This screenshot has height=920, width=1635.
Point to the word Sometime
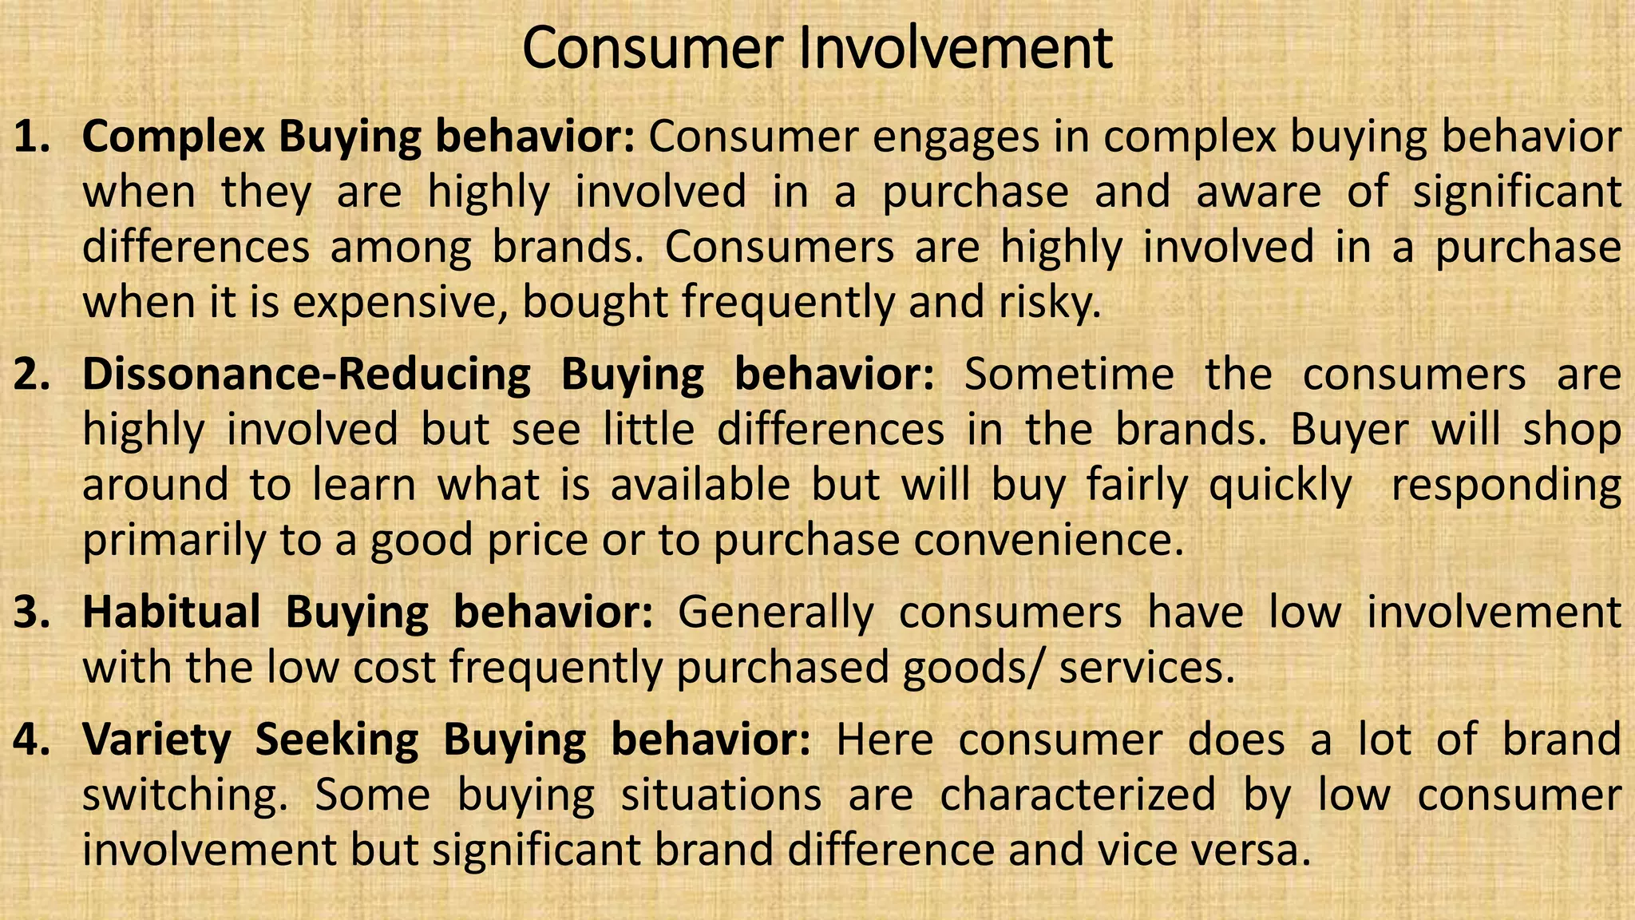pyautogui.click(x=1069, y=375)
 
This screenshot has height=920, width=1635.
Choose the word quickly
pyautogui.click(x=1281, y=486)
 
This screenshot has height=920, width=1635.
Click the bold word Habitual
pyautogui.click(x=172, y=613)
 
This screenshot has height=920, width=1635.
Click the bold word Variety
pyautogui.click(x=156, y=740)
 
